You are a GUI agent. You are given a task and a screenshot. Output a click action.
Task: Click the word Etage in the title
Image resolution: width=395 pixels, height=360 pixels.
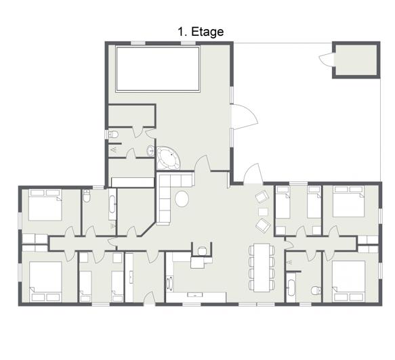click(207, 32)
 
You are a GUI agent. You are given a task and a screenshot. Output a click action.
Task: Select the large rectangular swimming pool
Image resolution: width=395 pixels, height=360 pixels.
click(158, 69)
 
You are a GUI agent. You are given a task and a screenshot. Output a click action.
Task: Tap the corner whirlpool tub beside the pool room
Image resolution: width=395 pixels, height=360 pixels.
click(168, 158)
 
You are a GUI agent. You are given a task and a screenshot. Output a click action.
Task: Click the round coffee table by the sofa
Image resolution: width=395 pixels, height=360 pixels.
click(182, 199)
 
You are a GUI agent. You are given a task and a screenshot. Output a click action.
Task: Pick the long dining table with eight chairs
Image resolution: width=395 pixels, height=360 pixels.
click(262, 267)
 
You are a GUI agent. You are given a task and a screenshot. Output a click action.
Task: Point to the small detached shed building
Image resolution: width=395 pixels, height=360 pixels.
click(356, 60)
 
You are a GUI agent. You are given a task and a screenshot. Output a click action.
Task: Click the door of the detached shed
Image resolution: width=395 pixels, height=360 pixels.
click(326, 60)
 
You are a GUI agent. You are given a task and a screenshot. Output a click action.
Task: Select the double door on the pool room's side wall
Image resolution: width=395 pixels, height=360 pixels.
click(245, 116)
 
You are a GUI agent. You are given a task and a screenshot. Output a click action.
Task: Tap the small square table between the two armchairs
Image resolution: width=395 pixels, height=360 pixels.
click(264, 212)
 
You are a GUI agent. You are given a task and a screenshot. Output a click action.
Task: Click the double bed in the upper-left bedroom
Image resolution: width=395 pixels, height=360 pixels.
click(45, 205)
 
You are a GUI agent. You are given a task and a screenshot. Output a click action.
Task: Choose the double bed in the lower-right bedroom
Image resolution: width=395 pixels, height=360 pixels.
click(349, 281)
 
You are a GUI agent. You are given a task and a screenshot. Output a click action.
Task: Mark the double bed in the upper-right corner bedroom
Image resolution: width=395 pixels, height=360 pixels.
click(349, 201)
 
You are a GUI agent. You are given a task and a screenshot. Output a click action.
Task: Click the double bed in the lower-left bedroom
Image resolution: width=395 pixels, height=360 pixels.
click(45, 282)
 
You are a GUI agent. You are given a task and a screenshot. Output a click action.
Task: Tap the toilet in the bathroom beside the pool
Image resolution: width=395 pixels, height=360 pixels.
click(113, 134)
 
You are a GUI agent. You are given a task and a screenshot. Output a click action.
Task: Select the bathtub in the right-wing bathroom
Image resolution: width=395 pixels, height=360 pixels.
click(291, 288)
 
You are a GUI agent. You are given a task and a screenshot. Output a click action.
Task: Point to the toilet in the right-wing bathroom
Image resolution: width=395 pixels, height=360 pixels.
click(316, 290)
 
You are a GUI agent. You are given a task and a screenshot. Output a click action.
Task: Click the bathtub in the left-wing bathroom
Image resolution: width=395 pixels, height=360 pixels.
click(112, 204)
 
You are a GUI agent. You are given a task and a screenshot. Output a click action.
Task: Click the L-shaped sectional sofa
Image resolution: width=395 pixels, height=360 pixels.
click(169, 194)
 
